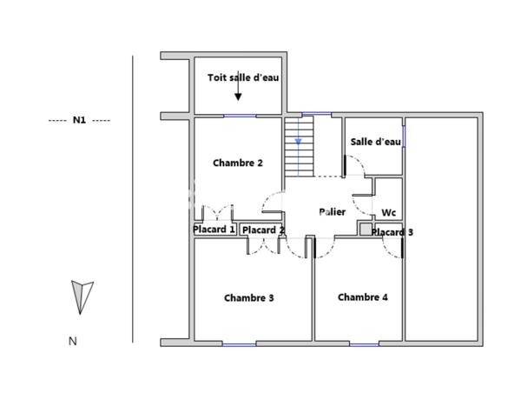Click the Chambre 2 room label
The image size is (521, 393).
[x=237, y=163]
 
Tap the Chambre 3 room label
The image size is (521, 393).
[x=248, y=297]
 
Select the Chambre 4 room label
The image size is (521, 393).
[x=362, y=296]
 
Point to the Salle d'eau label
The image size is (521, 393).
[x=375, y=142]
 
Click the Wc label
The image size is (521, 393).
[x=388, y=212]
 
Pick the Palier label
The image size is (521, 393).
[x=332, y=211]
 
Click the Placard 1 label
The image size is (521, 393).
[x=214, y=230]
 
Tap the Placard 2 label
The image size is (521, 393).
[x=263, y=230]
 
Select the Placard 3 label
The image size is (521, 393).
[x=392, y=232]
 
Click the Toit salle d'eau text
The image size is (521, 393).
[x=242, y=77]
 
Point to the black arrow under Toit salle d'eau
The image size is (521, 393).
[x=238, y=92]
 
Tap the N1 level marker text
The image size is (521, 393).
[x=79, y=120]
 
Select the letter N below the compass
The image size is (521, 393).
[x=73, y=342]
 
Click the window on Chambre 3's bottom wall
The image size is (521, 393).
[x=239, y=344]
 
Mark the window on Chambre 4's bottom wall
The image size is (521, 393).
[x=364, y=344]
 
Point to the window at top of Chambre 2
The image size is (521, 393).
[x=239, y=116]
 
